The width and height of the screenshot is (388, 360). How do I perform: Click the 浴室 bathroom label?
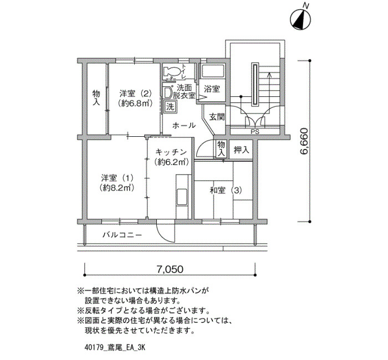click(x=212, y=89)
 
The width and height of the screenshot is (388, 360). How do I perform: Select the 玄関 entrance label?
click(x=217, y=117)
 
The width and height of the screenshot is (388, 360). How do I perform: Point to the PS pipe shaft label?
click(x=255, y=132)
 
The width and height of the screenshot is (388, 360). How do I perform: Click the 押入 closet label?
click(x=241, y=150)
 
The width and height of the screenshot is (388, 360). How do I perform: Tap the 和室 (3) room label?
click(x=226, y=191)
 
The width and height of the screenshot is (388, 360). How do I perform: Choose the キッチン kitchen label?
click(x=171, y=152)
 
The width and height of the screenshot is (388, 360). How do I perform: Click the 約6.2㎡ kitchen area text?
click(x=172, y=162)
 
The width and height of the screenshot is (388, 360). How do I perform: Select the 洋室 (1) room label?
click(x=118, y=178)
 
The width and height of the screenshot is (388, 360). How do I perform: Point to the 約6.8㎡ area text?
click(x=135, y=103)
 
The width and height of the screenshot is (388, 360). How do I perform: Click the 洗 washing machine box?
click(x=170, y=107)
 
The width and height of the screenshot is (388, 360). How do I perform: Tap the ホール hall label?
click(x=184, y=126)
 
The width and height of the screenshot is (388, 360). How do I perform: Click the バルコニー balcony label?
click(x=122, y=235)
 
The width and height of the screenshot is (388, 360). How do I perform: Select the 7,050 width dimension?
click(x=170, y=269)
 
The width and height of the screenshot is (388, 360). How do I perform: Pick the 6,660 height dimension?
click(x=304, y=141)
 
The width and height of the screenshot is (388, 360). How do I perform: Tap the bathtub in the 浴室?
click(x=212, y=71)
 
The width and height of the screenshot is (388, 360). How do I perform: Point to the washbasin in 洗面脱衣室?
click(x=169, y=92)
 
